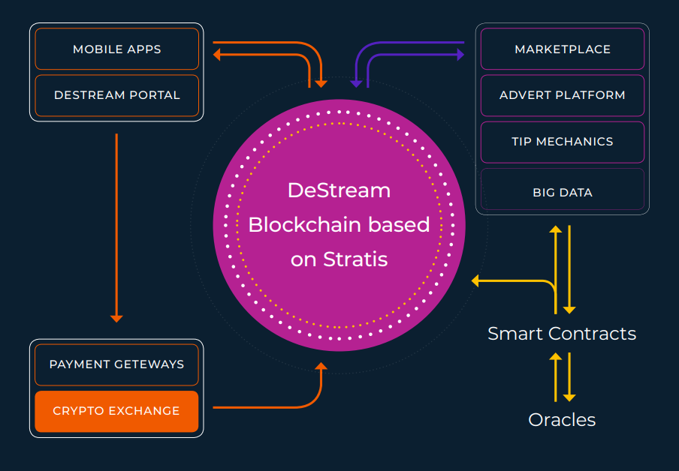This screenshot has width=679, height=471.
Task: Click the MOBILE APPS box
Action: tap(116, 49)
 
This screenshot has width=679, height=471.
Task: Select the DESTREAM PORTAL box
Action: tap(116, 95)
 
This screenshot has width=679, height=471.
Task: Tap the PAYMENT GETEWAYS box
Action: tap(116, 364)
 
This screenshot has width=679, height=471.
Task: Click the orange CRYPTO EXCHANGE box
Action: tap(116, 411)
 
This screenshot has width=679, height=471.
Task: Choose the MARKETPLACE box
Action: tap(562, 49)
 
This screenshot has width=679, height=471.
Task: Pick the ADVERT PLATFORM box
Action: tap(562, 95)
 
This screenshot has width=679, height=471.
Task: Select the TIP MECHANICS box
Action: tap(562, 142)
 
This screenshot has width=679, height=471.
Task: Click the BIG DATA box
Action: tap(562, 192)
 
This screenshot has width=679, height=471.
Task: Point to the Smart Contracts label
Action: tap(562, 334)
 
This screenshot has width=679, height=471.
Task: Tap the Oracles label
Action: tap(562, 420)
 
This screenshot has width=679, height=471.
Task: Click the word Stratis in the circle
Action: tap(355, 259)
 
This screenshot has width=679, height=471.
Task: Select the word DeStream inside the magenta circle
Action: tap(339, 190)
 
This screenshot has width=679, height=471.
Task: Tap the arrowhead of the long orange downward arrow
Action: tap(116, 318)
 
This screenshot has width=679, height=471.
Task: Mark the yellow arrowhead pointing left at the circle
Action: tap(475, 281)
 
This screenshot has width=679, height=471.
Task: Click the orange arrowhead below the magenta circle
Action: tap(321, 367)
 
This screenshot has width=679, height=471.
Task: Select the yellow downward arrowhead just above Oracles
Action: tap(569, 397)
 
